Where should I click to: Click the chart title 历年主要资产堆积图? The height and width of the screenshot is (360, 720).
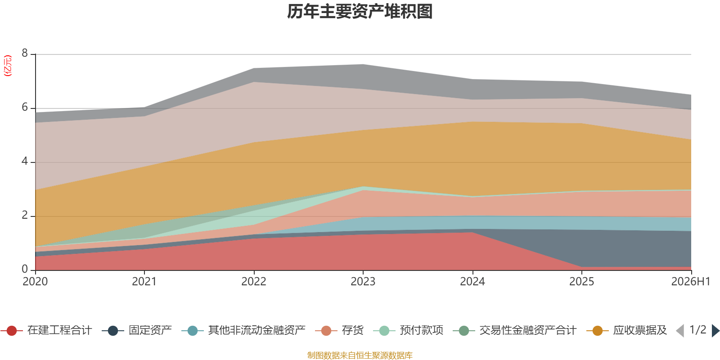coord(360,12)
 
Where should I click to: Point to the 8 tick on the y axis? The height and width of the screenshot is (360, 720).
coord(25,53)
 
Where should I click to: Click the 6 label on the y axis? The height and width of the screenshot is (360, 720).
coord(25,107)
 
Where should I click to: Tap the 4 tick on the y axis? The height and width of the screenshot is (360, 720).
coord(25,161)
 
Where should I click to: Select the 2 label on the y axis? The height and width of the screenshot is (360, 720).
coord(25,215)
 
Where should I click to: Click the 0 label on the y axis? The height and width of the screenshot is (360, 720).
coord(25,269)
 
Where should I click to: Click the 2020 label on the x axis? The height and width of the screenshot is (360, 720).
coord(35,282)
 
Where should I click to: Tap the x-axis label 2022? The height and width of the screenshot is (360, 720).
coord(254,282)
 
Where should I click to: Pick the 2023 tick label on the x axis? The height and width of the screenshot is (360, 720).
coord(363,282)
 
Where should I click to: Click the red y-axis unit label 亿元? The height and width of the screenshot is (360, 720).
coord(7,66)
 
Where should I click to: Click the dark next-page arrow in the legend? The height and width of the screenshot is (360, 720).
coord(715,330)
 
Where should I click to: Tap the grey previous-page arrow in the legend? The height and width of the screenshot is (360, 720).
coord(680,330)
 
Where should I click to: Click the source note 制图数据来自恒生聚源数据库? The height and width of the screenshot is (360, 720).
coord(360,355)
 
